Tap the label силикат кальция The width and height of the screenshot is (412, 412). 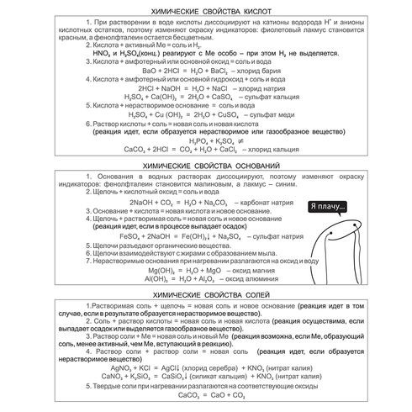pyautogui.click(x=224, y=376)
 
